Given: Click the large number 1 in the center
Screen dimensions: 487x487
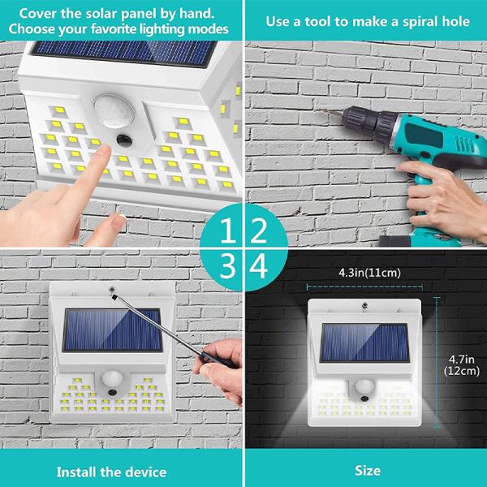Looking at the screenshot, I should (x=229, y=231).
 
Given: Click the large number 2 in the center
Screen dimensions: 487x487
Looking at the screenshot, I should (x=259, y=231).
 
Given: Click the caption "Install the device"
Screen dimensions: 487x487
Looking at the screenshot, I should (x=111, y=471).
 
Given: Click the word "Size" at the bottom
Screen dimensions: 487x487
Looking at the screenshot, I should (x=367, y=471).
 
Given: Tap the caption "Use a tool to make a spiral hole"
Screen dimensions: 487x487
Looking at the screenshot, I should (x=368, y=20).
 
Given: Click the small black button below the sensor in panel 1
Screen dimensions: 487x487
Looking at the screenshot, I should (x=124, y=140).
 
